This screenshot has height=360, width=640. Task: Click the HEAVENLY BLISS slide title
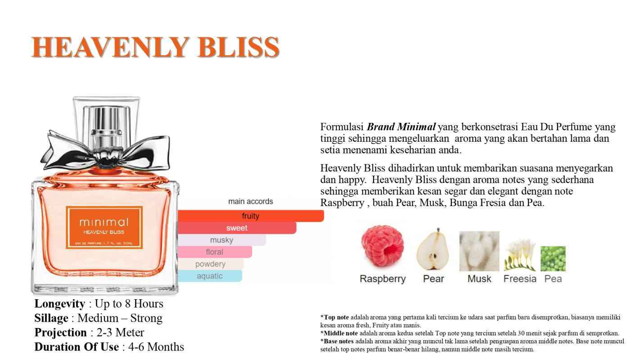point(155,47)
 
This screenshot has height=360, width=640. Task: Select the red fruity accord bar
point(251,216)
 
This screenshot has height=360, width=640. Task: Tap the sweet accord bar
point(237,228)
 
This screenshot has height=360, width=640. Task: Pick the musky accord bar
point(221,240)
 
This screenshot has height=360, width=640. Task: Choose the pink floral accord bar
point(215,252)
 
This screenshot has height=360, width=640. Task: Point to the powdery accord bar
point(210,264)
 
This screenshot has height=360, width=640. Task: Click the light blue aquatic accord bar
point(210,276)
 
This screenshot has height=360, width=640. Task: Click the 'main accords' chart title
point(250,201)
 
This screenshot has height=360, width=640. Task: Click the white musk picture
point(479,251)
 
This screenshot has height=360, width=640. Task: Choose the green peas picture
point(553,259)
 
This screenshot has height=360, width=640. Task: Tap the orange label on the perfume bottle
point(104,227)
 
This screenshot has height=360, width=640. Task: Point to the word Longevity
point(59,304)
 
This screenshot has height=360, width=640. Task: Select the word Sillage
point(51,318)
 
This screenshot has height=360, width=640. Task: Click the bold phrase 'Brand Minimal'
point(401,126)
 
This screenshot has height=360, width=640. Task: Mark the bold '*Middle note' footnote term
point(340,333)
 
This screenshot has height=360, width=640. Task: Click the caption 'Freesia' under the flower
point(520,279)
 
